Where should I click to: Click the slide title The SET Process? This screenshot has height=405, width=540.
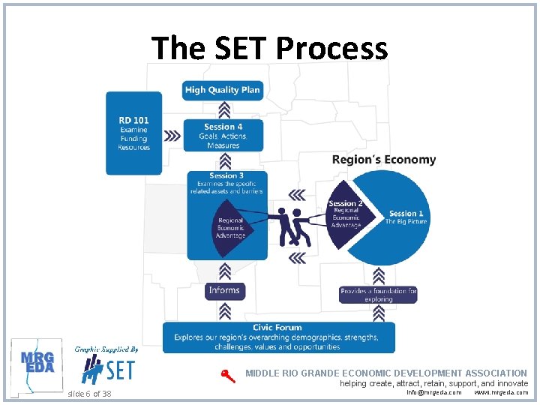270,49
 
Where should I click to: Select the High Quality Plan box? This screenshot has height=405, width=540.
222,90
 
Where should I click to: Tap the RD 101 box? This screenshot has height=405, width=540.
133,133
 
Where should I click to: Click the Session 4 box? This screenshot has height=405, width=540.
223,136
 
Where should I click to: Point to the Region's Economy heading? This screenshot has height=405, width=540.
383,160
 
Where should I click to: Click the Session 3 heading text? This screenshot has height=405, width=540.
226,176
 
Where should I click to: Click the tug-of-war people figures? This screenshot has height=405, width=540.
292,226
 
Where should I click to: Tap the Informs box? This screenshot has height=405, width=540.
224,290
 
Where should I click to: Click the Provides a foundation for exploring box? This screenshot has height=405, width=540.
378,295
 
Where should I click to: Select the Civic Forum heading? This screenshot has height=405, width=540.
277,328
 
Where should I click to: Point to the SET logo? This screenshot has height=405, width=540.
109,369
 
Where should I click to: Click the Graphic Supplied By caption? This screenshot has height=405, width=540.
106,349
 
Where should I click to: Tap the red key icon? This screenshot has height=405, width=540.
227,376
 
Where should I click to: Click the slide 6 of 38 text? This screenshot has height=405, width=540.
89,394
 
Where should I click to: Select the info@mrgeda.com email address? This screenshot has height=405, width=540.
434,392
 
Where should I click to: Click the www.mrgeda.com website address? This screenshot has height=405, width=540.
501,392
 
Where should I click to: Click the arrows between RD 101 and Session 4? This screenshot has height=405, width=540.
172,136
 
